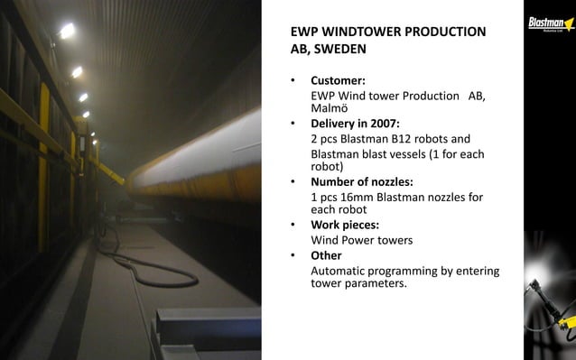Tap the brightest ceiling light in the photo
point(67,31)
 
